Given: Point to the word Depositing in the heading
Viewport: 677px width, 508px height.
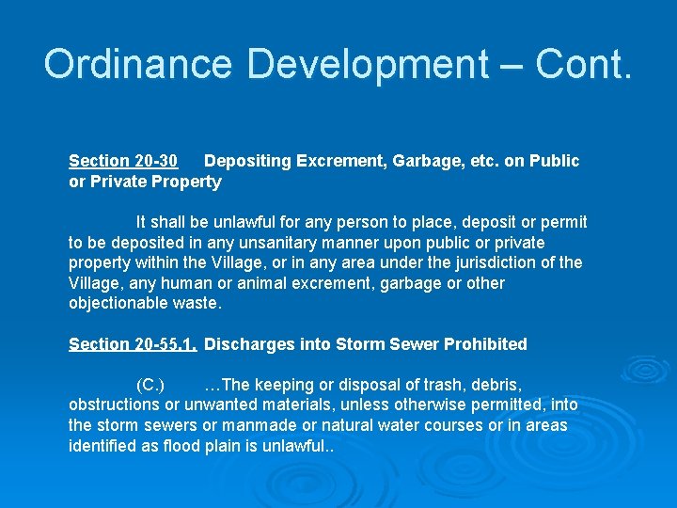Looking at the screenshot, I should click(247, 161).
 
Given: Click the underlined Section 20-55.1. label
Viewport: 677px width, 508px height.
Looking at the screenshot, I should click(133, 344).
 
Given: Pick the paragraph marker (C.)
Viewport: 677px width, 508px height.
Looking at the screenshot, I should click(150, 385).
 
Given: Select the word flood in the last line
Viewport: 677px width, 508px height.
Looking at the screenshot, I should click(182, 446).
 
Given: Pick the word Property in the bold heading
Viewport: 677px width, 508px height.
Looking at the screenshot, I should click(186, 182).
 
